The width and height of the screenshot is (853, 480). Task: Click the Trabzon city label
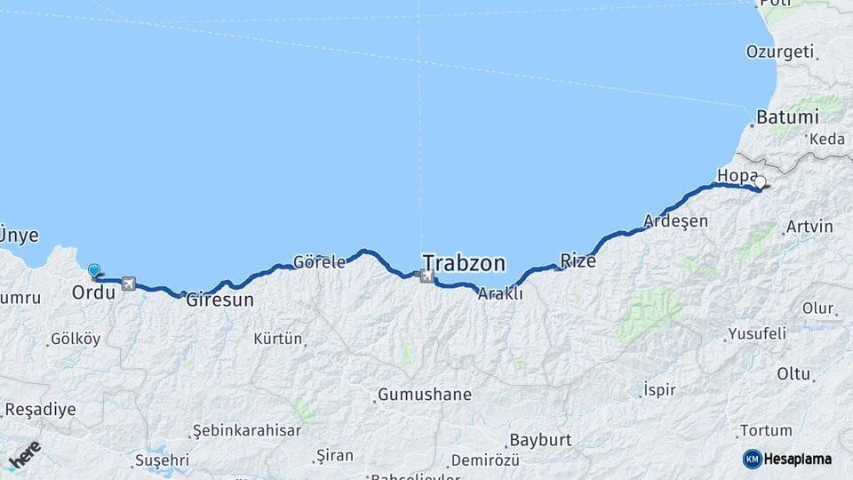464,263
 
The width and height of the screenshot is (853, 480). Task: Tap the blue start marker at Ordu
94,269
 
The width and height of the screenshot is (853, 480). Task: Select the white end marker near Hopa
760,182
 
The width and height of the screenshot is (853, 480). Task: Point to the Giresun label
219,300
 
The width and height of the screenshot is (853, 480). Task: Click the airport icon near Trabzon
428,276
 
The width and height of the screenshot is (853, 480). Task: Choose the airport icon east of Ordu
129,283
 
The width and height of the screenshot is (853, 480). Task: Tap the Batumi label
787,117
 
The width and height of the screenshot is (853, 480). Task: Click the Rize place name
578,260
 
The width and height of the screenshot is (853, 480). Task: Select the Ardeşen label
675,220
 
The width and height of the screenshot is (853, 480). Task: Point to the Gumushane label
425,394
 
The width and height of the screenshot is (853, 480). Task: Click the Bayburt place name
539,440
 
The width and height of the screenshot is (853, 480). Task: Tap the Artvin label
809,227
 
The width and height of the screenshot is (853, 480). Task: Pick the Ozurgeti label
780,52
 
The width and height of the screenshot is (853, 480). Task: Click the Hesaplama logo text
794,459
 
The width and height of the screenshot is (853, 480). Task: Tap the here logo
24,456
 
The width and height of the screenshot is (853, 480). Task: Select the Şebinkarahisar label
247,430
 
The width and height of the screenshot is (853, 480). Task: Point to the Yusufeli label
757,334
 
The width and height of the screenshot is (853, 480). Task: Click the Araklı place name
500,293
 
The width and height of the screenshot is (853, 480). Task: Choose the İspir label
658,389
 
